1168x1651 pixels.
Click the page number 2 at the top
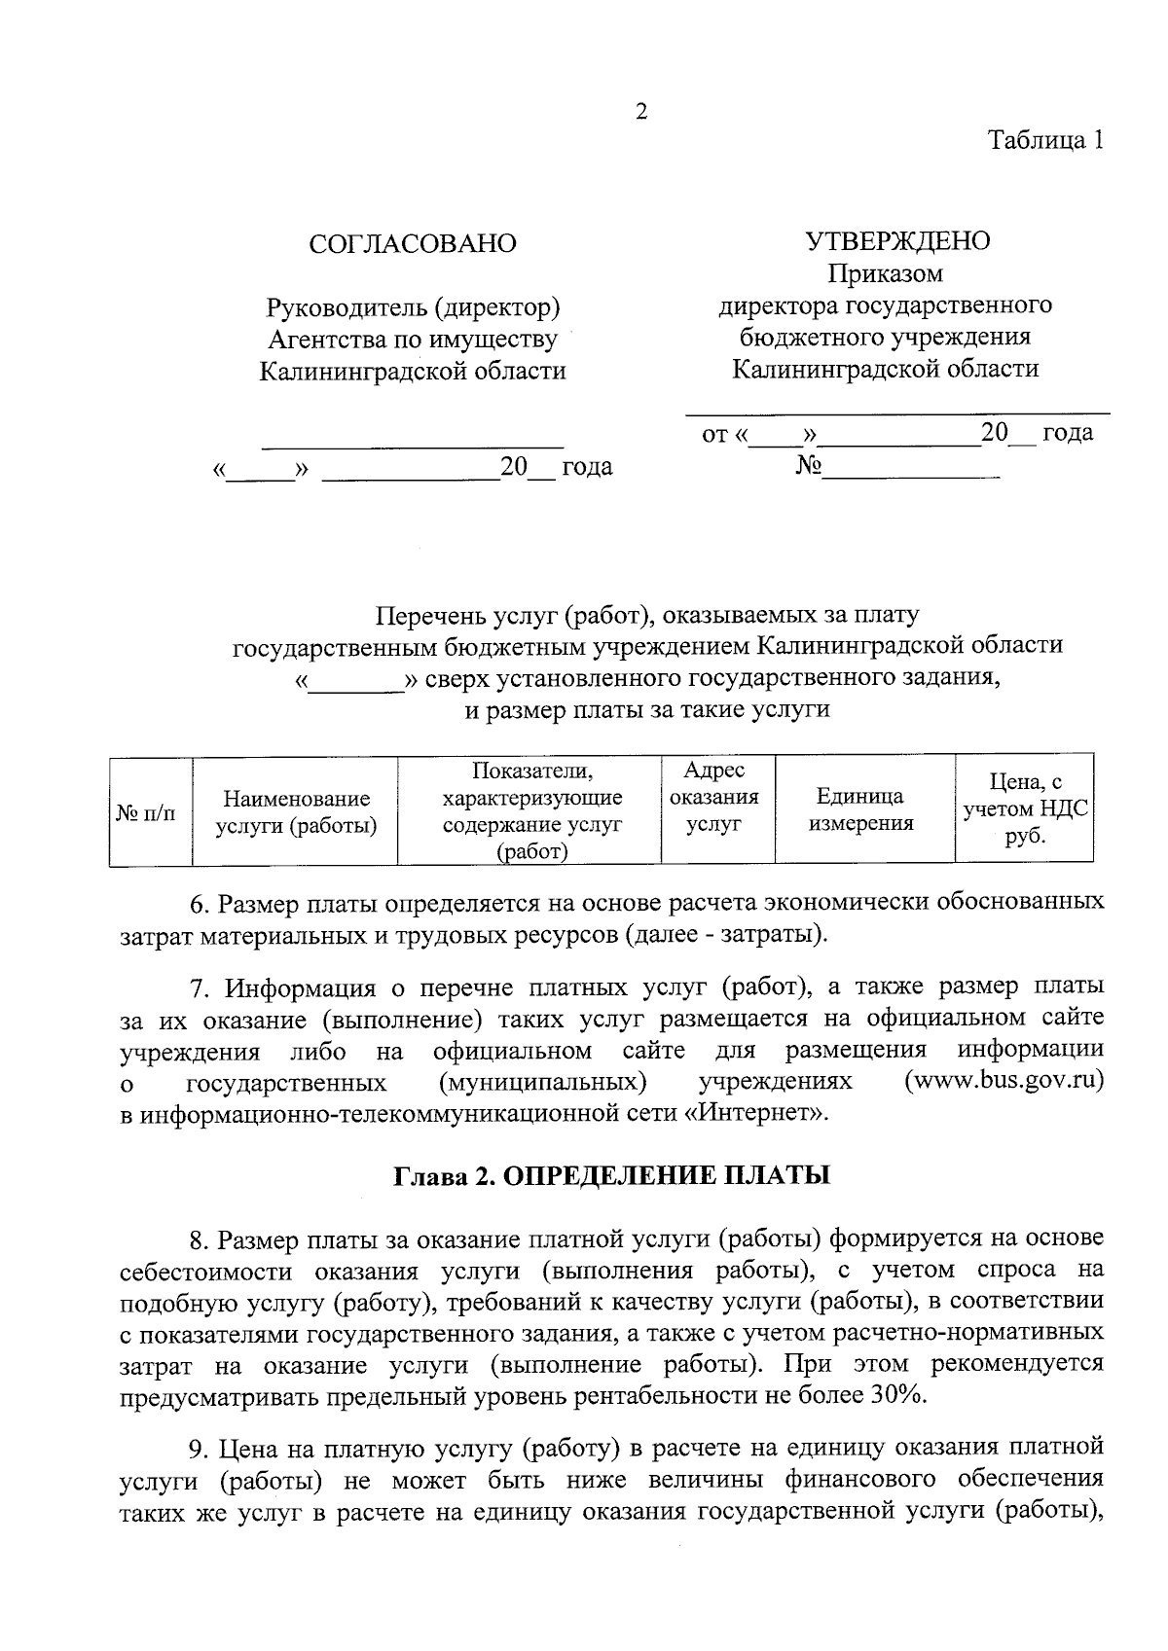tap(640, 112)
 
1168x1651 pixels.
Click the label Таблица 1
tap(1046, 140)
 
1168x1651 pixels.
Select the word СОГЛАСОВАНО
tap(412, 243)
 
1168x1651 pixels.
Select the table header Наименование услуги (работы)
tap(296, 812)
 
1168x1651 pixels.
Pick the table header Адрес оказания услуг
tap(714, 797)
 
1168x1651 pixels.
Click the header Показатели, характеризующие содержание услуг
tap(531, 811)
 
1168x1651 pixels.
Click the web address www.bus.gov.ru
tap(1004, 1081)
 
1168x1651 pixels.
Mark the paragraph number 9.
tap(200, 1448)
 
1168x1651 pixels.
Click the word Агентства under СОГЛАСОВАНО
tap(327, 340)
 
